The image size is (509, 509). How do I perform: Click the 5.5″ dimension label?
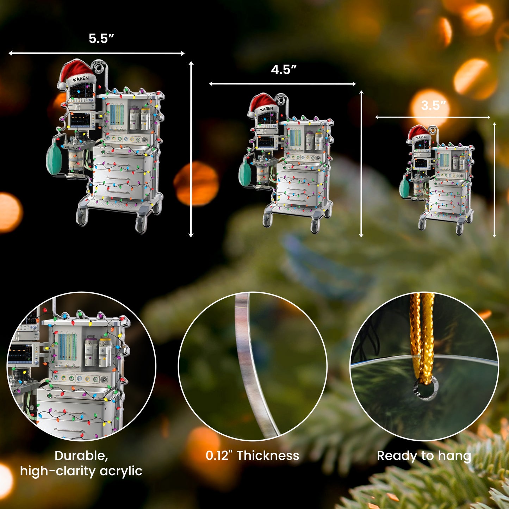pos(101,38)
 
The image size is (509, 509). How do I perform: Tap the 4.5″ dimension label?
pos(284,70)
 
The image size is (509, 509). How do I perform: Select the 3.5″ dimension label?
pos(434,106)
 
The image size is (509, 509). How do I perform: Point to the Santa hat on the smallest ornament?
pos(419,135)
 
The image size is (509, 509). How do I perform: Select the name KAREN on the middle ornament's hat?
pos(266,109)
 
